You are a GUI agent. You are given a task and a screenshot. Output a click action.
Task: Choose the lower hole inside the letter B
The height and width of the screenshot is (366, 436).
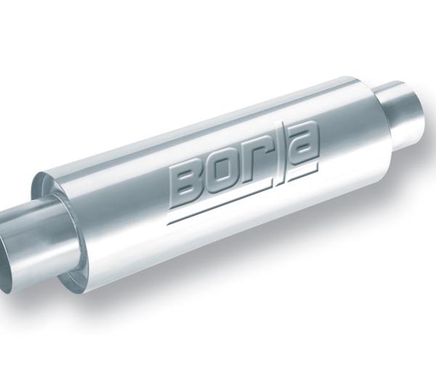(x=188, y=191)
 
